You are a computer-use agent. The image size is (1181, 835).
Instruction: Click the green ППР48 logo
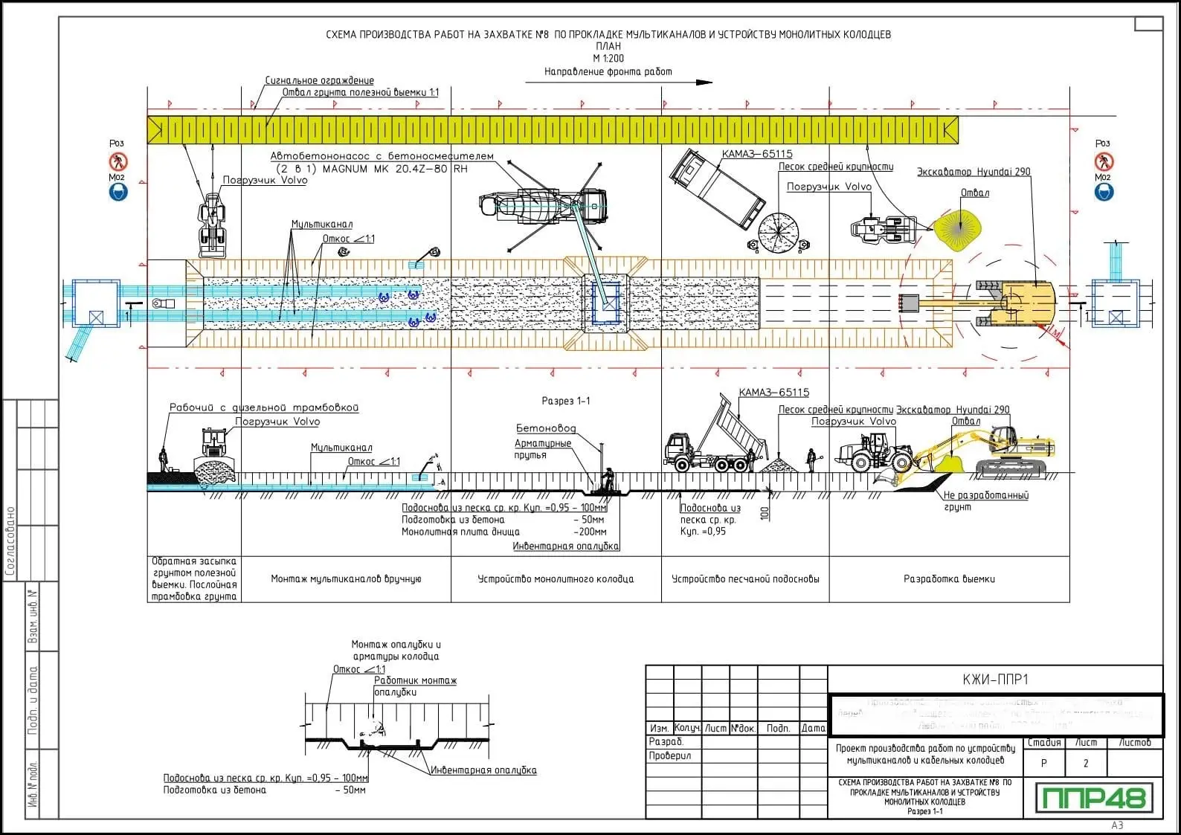point(1094,798)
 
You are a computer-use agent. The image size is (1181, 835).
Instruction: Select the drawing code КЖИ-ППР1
point(994,679)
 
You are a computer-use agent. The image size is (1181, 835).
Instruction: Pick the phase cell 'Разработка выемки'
point(949,578)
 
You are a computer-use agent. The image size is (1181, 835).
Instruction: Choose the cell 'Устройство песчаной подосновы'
point(745,578)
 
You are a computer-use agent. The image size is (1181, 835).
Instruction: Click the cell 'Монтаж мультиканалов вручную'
point(346,578)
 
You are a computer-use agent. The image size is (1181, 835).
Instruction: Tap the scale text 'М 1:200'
point(608,58)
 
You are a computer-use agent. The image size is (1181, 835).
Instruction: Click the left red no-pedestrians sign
point(118,161)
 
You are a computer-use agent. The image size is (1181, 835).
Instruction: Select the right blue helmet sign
point(1104,193)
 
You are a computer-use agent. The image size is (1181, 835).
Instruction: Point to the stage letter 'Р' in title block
point(1043,763)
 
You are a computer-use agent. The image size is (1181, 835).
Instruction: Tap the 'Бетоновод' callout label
point(546,428)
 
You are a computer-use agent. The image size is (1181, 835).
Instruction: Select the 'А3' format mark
point(1117,825)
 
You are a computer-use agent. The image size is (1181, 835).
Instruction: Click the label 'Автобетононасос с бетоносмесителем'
point(382,156)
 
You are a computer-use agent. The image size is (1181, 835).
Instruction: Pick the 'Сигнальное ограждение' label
point(320,80)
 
